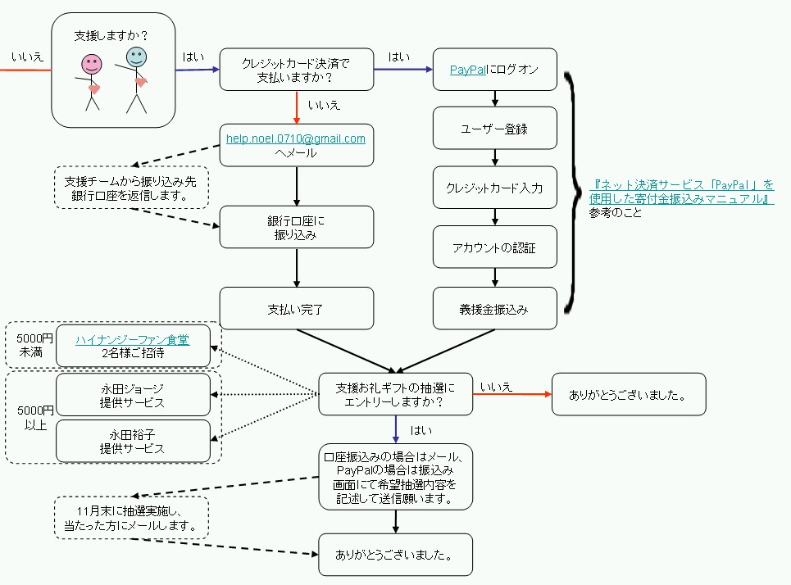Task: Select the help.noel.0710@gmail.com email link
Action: pyautogui.click(x=296, y=138)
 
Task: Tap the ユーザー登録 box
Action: pyautogui.click(x=495, y=129)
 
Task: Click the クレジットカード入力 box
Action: pyautogui.click(x=495, y=188)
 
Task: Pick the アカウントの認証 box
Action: pyautogui.click(x=495, y=248)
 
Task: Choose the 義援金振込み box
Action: pyautogui.click(x=495, y=309)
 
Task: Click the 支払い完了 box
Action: pyautogui.click(x=296, y=309)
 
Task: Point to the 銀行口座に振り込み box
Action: pyautogui.click(x=296, y=227)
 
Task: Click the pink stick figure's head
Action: pyautogui.click(x=92, y=63)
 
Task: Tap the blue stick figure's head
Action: pyautogui.click(x=136, y=56)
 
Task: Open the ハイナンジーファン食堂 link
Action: pyautogui.click(x=132, y=339)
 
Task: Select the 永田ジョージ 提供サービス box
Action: pyautogui.click(x=132, y=395)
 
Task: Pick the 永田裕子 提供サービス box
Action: pyautogui.click(x=132, y=441)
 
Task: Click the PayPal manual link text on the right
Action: pyautogui.click(x=681, y=192)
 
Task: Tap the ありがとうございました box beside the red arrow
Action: pyautogui.click(x=628, y=394)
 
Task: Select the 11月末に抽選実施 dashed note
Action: pyautogui.click(x=132, y=518)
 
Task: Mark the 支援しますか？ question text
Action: pyautogui.click(x=111, y=36)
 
